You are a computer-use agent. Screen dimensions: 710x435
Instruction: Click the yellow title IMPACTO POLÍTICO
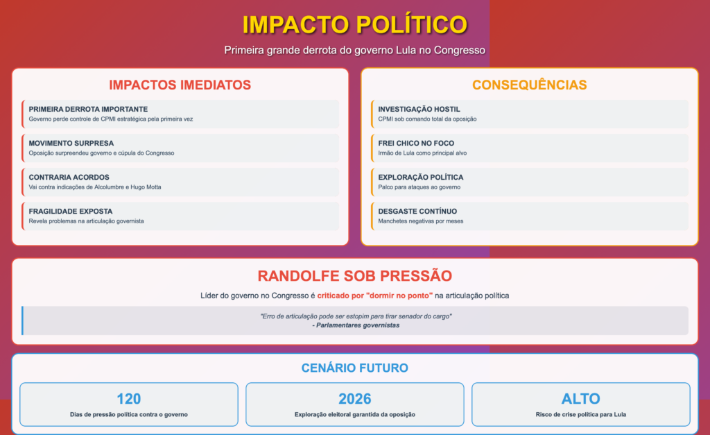click(x=355, y=24)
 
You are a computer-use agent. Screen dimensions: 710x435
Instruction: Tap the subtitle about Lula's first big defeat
click(x=355, y=50)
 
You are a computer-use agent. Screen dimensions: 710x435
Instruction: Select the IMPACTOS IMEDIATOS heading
click(x=180, y=85)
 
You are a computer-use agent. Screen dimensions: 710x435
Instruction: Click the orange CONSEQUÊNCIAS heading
click(x=529, y=85)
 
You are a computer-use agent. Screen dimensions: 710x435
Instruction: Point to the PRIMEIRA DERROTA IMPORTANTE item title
click(x=88, y=109)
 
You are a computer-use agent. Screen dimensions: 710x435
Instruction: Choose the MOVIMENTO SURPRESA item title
click(x=71, y=143)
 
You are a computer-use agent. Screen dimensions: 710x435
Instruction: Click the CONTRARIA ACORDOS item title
click(x=69, y=177)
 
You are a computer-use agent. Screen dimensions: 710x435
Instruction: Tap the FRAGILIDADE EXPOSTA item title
click(x=71, y=211)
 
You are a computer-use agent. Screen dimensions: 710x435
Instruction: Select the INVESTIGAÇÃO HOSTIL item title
click(x=419, y=109)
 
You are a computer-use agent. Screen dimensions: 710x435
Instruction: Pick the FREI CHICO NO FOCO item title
click(x=416, y=143)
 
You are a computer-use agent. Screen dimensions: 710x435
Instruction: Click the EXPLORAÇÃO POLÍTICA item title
click(x=421, y=177)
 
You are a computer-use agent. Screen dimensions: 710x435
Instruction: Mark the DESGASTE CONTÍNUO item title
click(x=417, y=211)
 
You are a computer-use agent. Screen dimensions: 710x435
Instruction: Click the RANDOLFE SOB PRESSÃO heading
click(x=355, y=275)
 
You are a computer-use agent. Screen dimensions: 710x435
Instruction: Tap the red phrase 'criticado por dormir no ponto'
click(x=375, y=296)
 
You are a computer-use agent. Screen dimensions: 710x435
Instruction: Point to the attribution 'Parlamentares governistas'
click(x=356, y=325)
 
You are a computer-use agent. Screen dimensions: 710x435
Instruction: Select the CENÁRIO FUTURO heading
click(x=355, y=368)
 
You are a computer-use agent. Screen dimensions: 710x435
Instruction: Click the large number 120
click(x=128, y=399)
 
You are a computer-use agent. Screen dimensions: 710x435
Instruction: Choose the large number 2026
click(x=355, y=399)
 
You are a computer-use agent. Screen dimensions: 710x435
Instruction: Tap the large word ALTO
click(x=581, y=399)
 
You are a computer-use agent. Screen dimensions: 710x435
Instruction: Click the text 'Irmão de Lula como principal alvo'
click(x=422, y=153)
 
